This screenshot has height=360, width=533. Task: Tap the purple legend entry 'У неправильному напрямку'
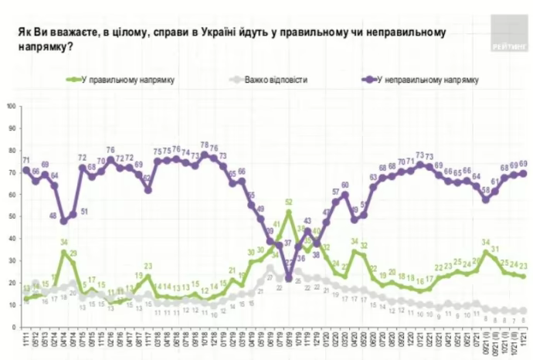coord(421,80)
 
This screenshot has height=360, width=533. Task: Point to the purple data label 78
coord(204,144)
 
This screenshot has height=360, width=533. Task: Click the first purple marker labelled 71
coord(25,170)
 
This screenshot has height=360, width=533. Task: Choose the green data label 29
coord(74,254)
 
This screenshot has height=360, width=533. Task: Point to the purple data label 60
coord(345,184)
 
